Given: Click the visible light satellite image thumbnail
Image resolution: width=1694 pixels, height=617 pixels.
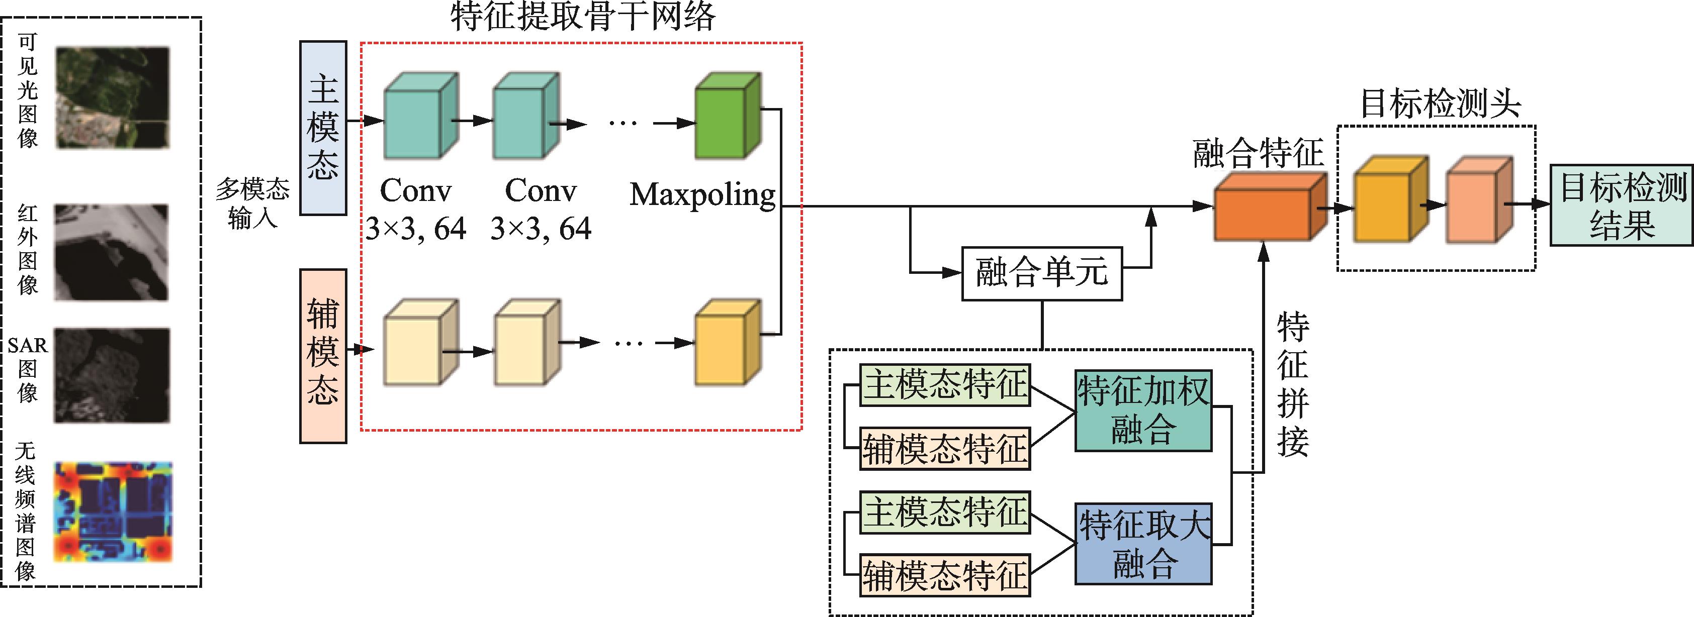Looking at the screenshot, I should [x=113, y=97].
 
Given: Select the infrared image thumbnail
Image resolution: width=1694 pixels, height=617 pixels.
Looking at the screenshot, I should [x=111, y=252].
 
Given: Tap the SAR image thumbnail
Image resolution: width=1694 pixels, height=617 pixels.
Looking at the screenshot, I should [x=112, y=375].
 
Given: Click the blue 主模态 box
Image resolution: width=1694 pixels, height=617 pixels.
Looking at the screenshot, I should [x=323, y=128].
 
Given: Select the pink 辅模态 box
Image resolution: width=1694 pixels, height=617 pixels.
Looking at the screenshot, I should [x=323, y=356].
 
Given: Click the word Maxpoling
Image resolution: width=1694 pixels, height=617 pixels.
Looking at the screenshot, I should [x=702, y=194].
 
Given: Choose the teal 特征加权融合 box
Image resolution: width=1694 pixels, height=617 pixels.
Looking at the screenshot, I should [x=1143, y=410].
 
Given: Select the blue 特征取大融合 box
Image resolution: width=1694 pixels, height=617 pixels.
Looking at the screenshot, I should [x=1143, y=544].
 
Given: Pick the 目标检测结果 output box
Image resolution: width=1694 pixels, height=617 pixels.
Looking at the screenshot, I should [x=1622, y=205].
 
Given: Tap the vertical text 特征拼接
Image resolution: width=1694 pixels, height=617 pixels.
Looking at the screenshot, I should [x=1292, y=384].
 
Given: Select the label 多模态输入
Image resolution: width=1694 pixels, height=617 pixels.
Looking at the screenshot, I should [x=252, y=203].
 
